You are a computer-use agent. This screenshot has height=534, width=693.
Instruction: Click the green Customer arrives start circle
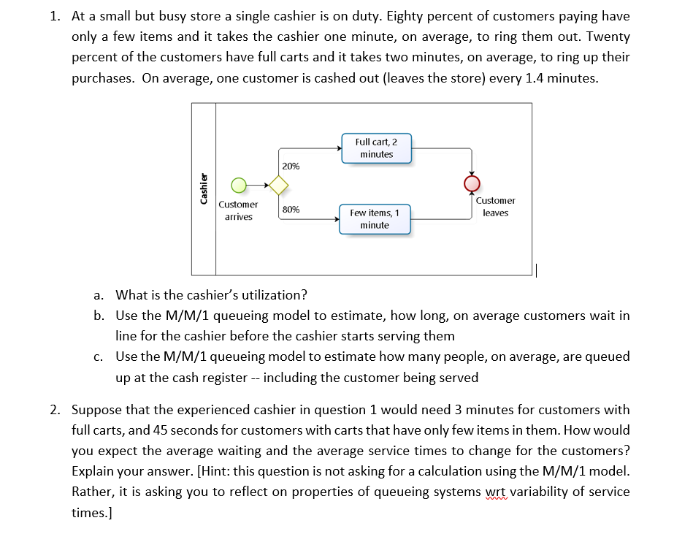(x=239, y=186)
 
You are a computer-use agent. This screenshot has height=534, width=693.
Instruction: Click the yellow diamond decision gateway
(x=279, y=186)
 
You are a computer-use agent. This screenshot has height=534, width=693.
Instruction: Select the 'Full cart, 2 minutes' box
(x=377, y=148)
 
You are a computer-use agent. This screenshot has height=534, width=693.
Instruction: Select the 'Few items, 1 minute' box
(x=375, y=219)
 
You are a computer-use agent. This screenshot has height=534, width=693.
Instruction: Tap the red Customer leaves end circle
(x=472, y=183)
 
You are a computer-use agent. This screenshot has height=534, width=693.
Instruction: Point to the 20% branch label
(x=291, y=167)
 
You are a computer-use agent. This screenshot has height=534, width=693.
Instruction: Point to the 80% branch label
(x=291, y=209)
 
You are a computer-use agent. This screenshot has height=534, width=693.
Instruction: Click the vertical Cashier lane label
(x=204, y=188)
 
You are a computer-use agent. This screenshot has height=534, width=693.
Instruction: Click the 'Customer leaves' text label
(x=495, y=207)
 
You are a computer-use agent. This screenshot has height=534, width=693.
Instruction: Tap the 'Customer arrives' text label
(x=238, y=210)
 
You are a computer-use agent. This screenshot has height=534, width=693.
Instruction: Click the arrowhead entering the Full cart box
(x=340, y=148)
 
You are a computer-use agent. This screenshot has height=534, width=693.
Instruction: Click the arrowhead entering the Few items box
(x=337, y=219)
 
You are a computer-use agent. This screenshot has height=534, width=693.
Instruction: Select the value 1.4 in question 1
(x=535, y=78)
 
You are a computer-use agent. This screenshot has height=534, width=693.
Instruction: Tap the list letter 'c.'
(x=99, y=357)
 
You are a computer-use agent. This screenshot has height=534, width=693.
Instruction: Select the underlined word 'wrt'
(x=495, y=492)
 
